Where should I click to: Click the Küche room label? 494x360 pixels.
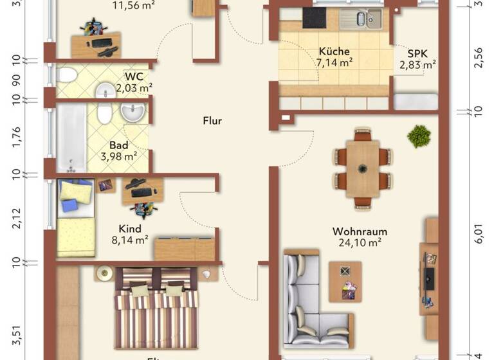[x=334, y=51]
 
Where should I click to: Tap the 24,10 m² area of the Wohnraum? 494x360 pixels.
[x=360, y=243]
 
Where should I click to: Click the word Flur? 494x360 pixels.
[x=212, y=121]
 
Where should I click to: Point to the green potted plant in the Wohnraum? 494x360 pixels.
[x=419, y=136]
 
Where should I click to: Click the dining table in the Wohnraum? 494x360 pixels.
[x=363, y=169]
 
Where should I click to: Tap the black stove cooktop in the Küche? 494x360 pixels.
[x=315, y=19]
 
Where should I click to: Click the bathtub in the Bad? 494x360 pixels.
[x=70, y=138]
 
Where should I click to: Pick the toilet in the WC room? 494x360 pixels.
[x=66, y=75]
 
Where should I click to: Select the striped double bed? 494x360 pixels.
[x=156, y=309]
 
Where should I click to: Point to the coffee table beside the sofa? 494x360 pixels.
[x=345, y=281]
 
